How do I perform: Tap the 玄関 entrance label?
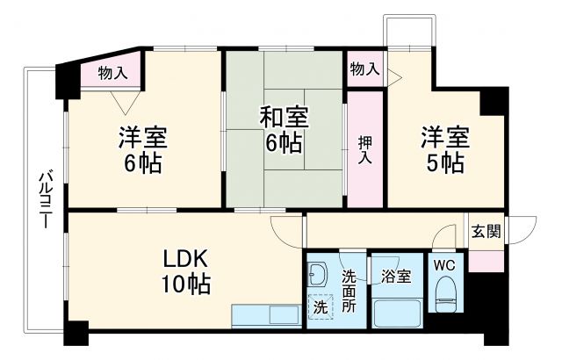[x=486, y=232]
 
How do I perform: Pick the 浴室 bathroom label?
[x=396, y=277]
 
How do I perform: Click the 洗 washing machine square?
[x=321, y=308]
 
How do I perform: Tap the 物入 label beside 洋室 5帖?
[x=364, y=68]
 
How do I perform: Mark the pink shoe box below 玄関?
[x=486, y=261]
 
